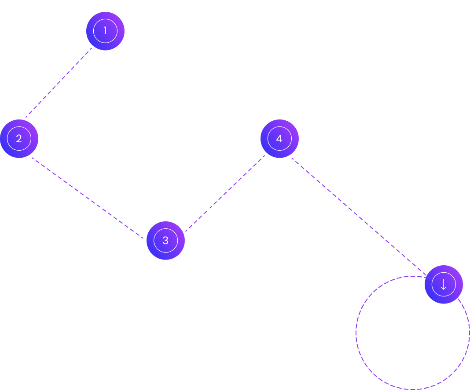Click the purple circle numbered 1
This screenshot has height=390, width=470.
click(105, 31)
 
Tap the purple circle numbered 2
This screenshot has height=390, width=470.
click(19, 139)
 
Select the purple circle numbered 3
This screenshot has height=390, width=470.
click(165, 240)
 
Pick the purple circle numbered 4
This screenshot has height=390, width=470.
click(279, 139)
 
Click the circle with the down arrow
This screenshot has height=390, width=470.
click(444, 284)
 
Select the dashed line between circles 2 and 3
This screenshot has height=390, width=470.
click(88, 198)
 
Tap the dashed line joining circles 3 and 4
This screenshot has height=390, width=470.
click(224, 193)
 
